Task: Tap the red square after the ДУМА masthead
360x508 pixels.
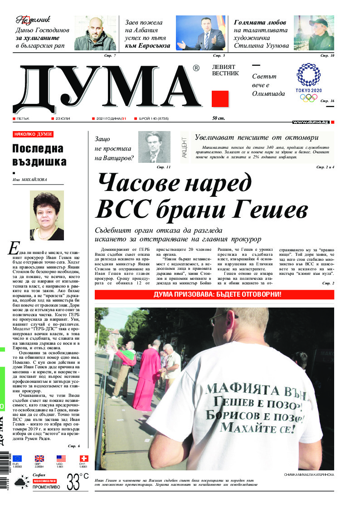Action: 220,98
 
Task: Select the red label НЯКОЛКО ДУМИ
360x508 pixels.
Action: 33,134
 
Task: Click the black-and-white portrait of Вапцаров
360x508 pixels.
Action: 154,147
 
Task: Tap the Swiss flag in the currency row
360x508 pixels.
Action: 84,459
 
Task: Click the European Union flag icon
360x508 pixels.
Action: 18,459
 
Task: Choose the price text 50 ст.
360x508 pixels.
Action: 219,118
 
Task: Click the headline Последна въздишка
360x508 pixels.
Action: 39,155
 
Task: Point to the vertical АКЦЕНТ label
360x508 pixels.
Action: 184,147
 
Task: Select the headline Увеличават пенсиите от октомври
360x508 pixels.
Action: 257,137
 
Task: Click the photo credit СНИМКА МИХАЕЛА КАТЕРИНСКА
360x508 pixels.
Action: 309,474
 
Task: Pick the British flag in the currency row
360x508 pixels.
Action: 39,459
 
